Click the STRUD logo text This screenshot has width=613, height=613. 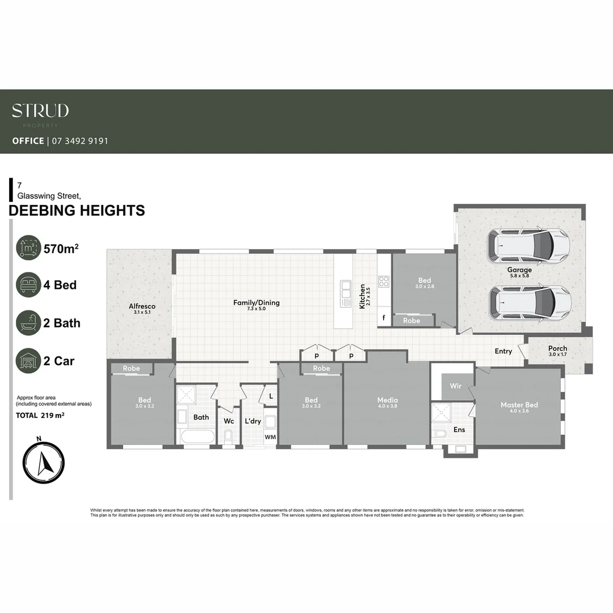coord(40,111)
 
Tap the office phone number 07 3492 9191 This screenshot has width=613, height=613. coord(80,141)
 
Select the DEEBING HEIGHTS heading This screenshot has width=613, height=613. coord(77,211)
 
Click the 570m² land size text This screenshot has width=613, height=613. coord(61,248)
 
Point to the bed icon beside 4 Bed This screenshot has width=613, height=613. coord(28,285)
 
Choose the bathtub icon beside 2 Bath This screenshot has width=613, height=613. coord(28,323)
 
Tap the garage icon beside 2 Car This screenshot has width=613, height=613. coord(28,360)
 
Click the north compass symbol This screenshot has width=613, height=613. coord(44,463)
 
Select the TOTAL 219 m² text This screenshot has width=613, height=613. coord(40,415)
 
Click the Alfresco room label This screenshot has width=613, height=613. coord(142,306)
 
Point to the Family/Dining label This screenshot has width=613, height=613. coord(257,303)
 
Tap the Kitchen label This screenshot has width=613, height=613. coord(362,296)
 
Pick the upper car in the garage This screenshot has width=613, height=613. coord(528,245)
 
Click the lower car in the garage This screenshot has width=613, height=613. coord(530,301)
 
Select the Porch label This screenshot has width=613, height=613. coord(557,349)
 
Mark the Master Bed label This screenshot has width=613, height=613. coord(519,405)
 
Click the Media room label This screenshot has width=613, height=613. coord(388,400)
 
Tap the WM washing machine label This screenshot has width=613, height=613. coord(270,437)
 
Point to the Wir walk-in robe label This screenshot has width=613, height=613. coord(456,386)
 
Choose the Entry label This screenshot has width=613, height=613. coord(503,351)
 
